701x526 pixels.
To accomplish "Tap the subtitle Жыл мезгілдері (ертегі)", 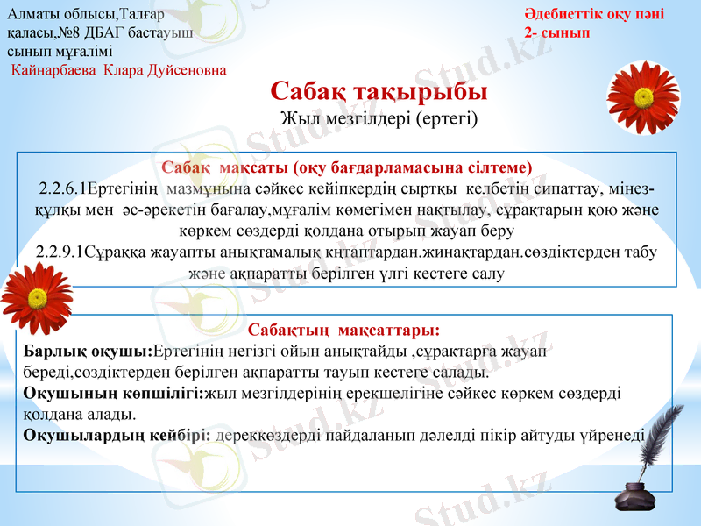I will (379, 117).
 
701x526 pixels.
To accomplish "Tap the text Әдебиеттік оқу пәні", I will (594, 14).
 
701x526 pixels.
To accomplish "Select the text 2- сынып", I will (556, 32).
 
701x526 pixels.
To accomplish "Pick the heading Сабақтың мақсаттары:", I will (343, 331).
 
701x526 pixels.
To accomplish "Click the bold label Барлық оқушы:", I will (88, 352).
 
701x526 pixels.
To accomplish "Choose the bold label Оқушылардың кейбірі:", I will (117, 434).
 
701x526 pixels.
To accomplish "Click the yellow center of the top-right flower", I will (645, 97).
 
